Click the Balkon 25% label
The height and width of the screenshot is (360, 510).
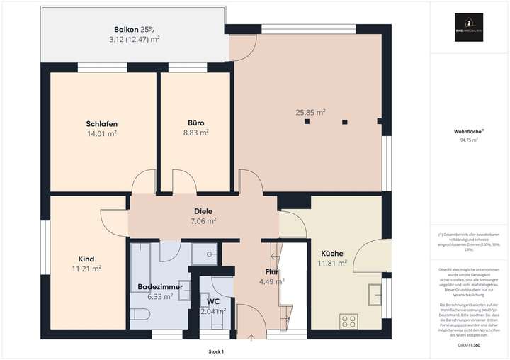point(134,29)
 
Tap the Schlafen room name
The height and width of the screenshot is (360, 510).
point(101,123)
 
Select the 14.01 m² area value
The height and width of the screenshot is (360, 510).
point(101,133)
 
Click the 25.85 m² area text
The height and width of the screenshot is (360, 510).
point(310,112)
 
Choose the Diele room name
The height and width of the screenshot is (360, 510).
point(204,211)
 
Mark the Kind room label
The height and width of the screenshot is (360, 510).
point(86,259)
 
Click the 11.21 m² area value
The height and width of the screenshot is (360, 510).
point(86,269)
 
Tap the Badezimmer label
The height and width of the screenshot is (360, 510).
point(159,286)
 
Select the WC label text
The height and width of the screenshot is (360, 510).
point(212,300)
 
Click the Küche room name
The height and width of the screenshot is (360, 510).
point(332,254)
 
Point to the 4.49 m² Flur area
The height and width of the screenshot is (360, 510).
point(271,281)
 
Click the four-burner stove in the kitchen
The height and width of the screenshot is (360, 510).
point(348,321)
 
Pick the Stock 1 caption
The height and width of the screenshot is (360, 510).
point(216,351)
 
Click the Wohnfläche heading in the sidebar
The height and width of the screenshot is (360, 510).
point(468,131)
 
